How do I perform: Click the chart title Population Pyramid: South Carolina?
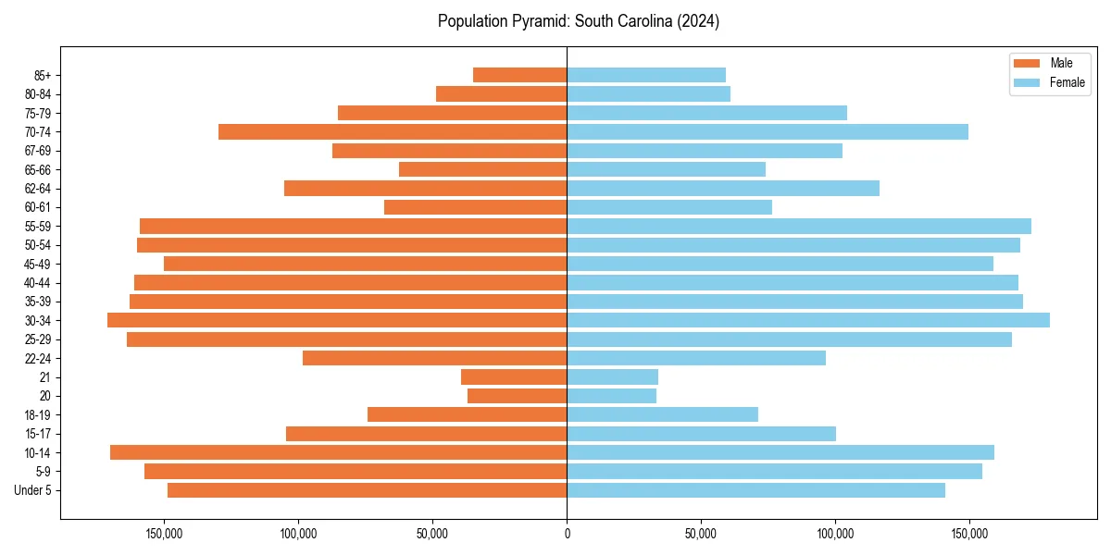[x=579, y=21]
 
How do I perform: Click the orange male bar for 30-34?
[x=337, y=320]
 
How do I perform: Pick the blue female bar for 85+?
[x=646, y=75]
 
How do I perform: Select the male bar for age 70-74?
[x=393, y=131]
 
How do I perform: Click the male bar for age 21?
[x=514, y=376]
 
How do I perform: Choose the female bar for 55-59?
[x=798, y=226]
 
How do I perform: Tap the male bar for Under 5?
[x=367, y=490]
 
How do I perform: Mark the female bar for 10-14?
[x=780, y=452]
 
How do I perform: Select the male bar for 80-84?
[x=501, y=93]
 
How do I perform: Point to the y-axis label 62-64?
[x=38, y=189]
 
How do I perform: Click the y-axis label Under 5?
[x=33, y=490]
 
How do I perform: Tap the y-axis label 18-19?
[x=38, y=414]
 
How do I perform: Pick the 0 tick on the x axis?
[x=567, y=535]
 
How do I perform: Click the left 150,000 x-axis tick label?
[x=164, y=535]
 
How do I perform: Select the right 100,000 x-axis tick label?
[x=835, y=535]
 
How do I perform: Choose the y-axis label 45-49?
[x=38, y=264]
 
